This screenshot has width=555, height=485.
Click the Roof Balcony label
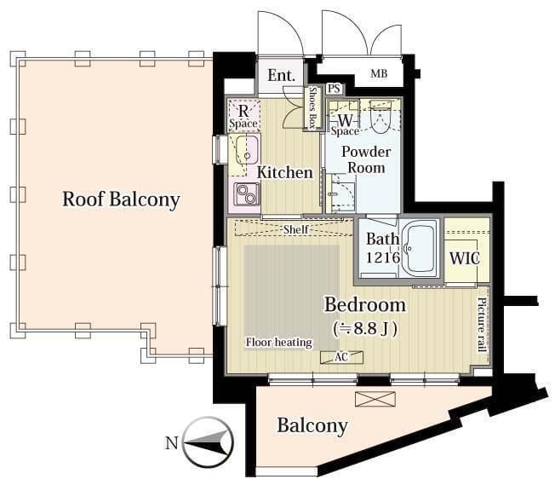pyautogui.click(x=121, y=199)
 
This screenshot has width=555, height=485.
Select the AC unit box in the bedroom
pyautogui.click(x=341, y=357)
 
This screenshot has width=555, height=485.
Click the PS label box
pyautogui.click(x=335, y=89)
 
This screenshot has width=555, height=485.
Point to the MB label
pyautogui.click(x=379, y=74)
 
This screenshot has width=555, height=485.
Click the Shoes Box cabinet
pyautogui.click(x=313, y=108)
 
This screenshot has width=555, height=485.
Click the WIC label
pyautogui.click(x=465, y=258)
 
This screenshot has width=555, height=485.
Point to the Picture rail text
pyautogui.click(x=482, y=325)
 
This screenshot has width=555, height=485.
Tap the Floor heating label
pyautogui.click(x=279, y=342)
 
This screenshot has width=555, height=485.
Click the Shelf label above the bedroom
pyautogui.click(x=296, y=229)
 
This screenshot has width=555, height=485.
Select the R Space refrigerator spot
pyautogui.click(x=243, y=116)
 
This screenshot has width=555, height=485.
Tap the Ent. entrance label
pyautogui.click(x=281, y=76)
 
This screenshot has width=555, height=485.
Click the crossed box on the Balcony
pyautogui.click(x=375, y=399)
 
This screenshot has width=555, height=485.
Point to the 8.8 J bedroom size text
pyautogui.click(x=365, y=329)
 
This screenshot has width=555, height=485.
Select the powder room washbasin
pyautogui.click(x=340, y=193)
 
